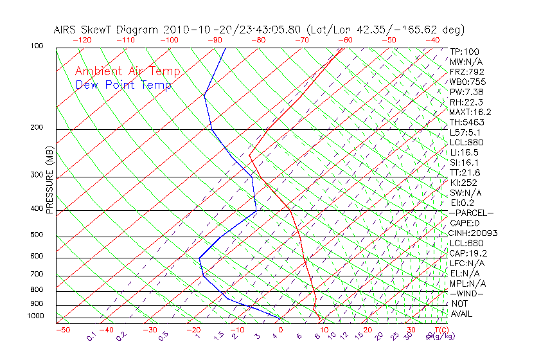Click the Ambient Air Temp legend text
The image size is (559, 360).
coord(127,71)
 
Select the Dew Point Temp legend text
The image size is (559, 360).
coord(123,85)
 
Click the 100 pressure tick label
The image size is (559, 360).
coord(37,46)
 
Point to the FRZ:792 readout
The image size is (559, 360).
coord(467,71)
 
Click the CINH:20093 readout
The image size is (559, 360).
coord(474,233)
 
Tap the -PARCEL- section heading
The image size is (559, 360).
coord(471,213)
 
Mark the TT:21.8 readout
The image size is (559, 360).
coord(465,172)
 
